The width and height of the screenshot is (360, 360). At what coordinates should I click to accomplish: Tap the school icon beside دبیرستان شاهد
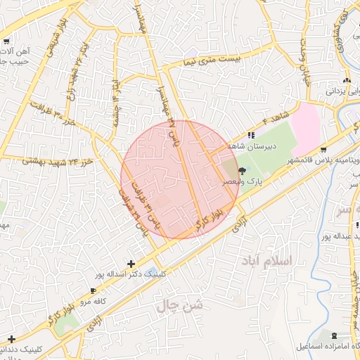tap(252, 135)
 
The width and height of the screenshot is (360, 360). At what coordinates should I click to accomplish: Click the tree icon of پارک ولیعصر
tap(243, 170)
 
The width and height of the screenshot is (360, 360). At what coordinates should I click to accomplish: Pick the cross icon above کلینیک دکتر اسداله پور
tap(131, 263)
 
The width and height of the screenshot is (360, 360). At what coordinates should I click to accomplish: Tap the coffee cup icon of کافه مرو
tap(93, 290)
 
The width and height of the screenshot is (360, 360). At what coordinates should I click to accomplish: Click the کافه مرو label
tap(91, 301)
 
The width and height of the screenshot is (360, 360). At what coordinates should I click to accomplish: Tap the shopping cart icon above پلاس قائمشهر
tap(322, 150)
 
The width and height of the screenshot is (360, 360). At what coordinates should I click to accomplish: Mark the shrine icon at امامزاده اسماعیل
tap(334, 335)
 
